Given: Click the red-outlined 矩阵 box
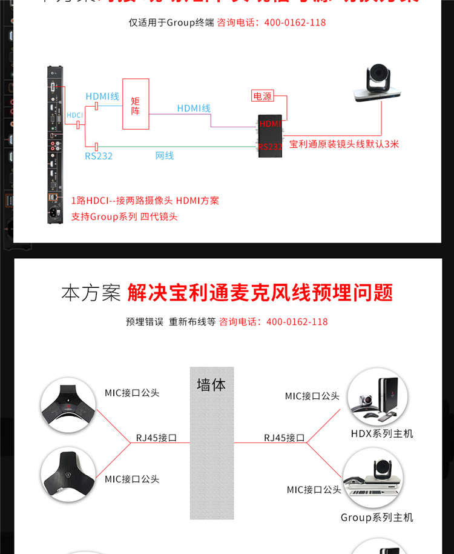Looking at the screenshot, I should pos(136,103).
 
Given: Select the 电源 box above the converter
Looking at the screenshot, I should pos(263,96).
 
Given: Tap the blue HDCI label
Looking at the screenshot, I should pos(74,115).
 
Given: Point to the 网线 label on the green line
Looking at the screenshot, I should pos(165,156).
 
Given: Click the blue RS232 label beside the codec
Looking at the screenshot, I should pos(98,156).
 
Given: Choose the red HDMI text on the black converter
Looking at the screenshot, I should pos(270,124).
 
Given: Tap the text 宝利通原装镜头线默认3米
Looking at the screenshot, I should pos(344,144).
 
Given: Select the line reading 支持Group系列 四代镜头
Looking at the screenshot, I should pos(124,216).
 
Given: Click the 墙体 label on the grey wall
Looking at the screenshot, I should pos(211,385).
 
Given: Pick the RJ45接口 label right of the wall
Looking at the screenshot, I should pos(284,438).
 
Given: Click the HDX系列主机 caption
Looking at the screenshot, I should pos(382,434).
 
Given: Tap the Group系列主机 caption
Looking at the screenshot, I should pos(377,518).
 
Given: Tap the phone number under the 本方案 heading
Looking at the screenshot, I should pos(297,322).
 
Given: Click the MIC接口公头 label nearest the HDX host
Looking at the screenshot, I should pos(312,396).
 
